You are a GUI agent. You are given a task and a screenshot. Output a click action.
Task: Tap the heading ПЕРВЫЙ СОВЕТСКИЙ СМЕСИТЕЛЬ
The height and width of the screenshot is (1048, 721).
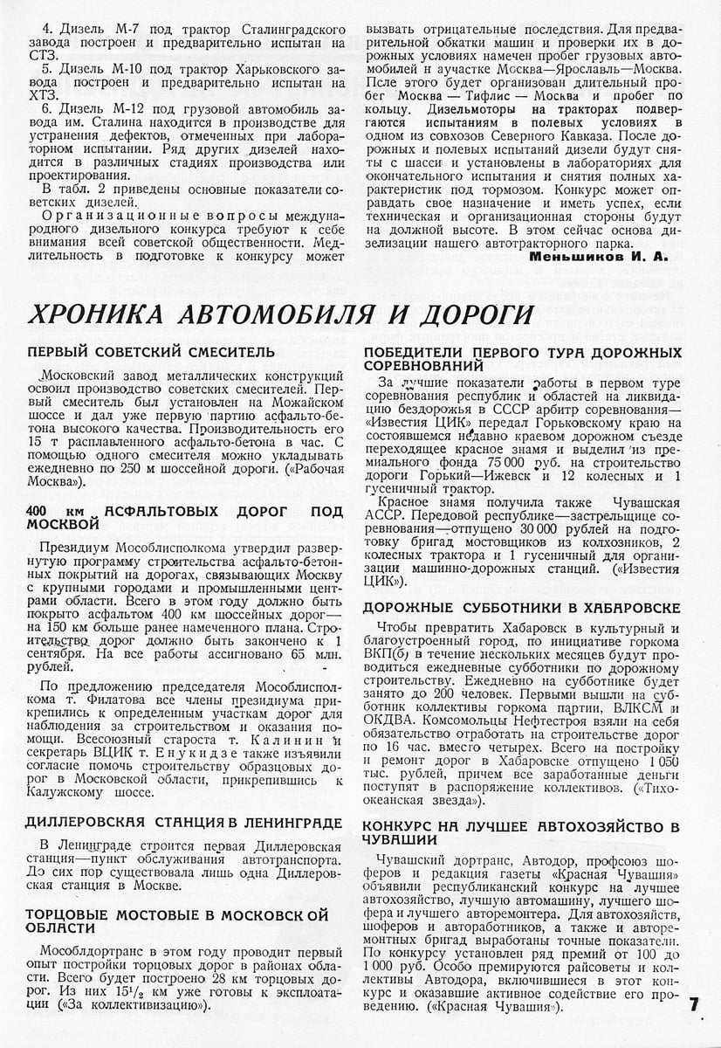click(x=151, y=352)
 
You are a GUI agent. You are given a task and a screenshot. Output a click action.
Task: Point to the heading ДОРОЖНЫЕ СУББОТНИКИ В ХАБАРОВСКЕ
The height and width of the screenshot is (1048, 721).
click(x=522, y=607)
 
